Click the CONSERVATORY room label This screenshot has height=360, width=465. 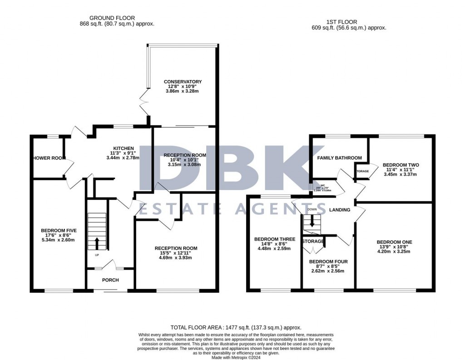183,82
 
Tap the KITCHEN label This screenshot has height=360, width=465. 124,148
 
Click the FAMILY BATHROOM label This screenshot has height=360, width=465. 339,158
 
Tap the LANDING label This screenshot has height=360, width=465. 340,210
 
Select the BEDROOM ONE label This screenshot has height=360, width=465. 394,242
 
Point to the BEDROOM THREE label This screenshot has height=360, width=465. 275,239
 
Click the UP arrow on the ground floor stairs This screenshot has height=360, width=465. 96,242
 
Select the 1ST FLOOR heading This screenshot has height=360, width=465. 341,21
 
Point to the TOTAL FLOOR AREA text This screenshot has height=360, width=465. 236,327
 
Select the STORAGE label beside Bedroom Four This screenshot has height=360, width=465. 313,241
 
